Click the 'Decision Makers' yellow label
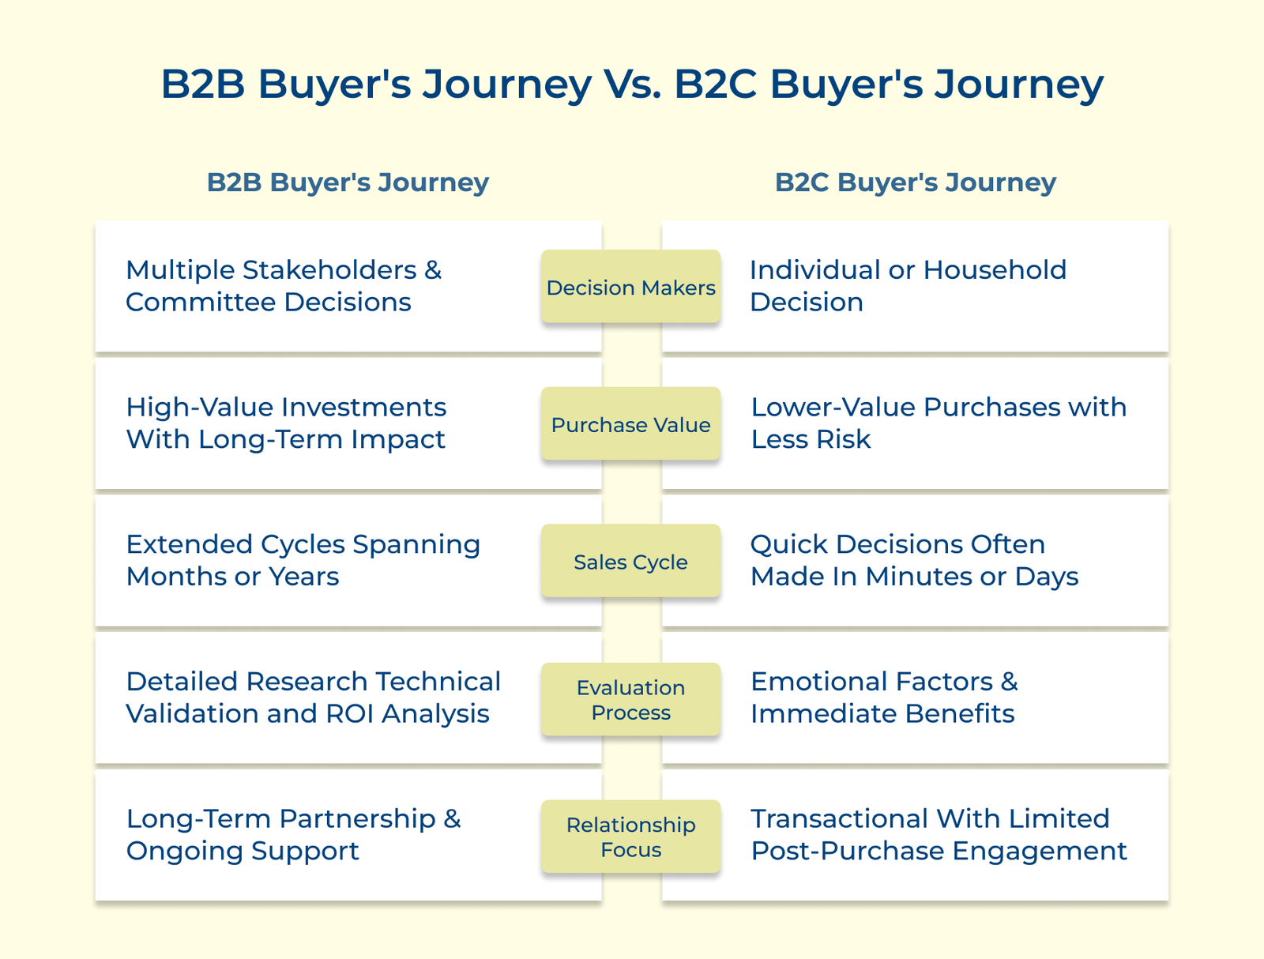coord(630,288)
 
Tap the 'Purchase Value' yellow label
coord(630,425)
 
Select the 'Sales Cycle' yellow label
coord(630,562)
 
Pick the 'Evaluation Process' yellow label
coord(630,700)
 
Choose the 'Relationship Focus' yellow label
coord(630,837)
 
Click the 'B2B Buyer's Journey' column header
coord(348,182)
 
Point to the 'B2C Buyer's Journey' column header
coord(915,182)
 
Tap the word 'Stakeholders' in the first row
coord(329,270)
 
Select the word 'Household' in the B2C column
coord(995,270)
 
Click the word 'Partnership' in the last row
coord(357,818)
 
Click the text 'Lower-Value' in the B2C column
coord(832,408)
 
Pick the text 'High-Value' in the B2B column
coord(199,408)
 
